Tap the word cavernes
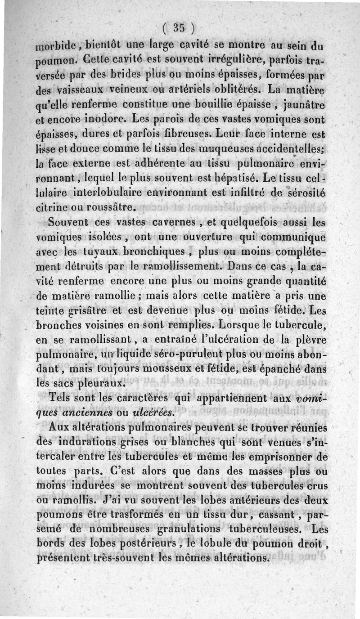173,224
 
